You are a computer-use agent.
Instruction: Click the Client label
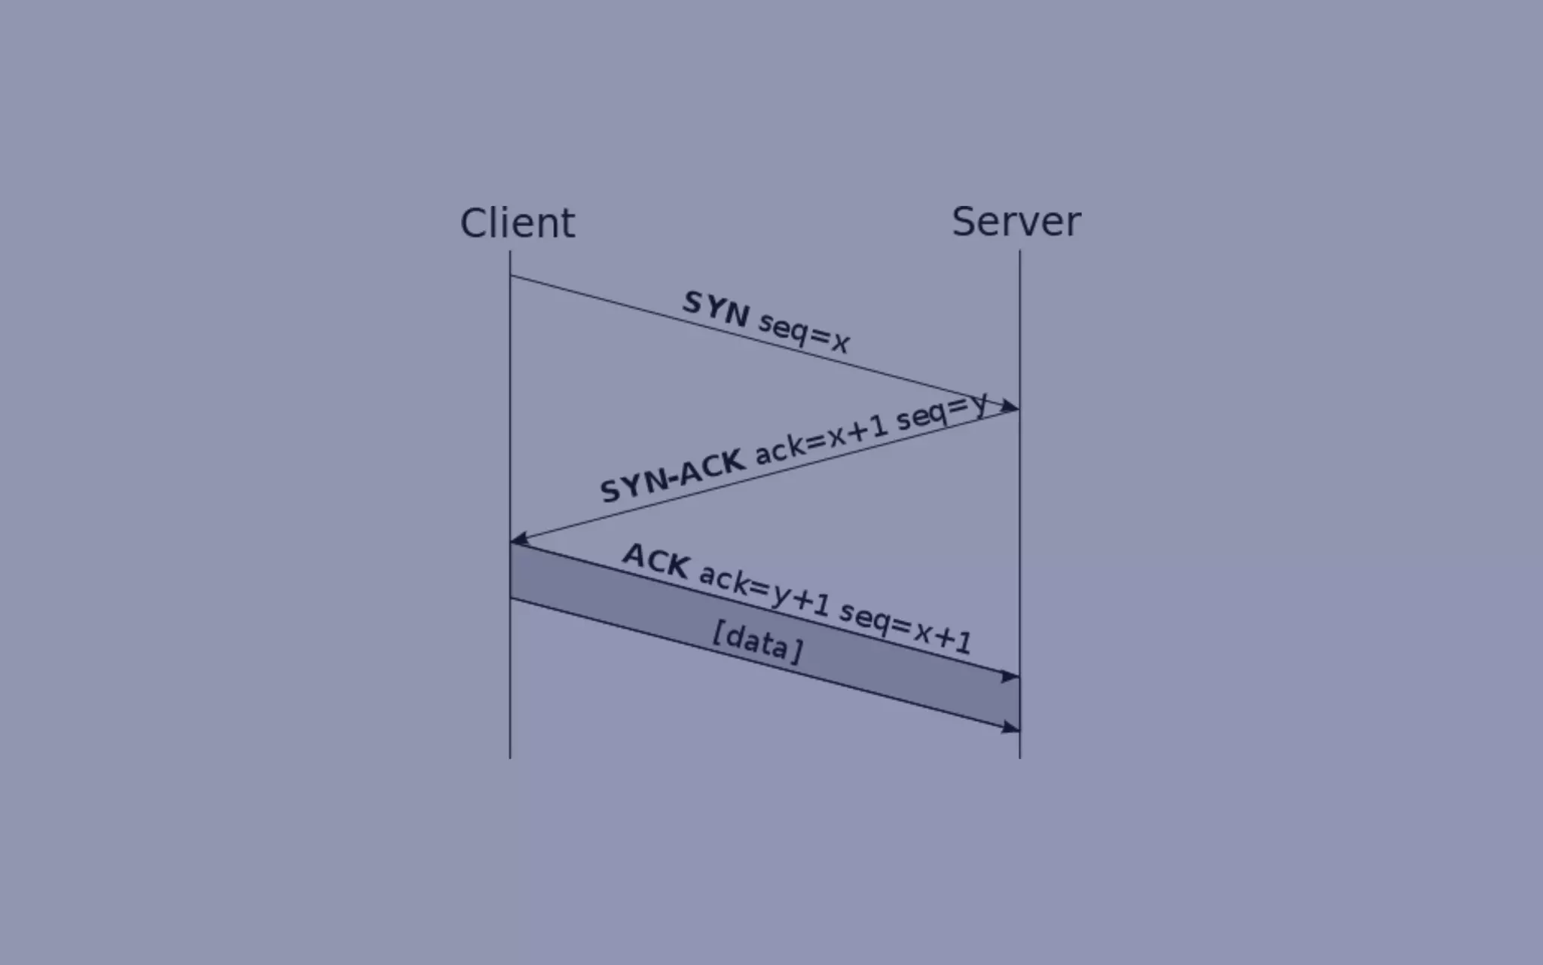(x=517, y=223)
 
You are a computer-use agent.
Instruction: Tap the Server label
(x=1016, y=222)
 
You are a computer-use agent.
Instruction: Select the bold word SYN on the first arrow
(x=715, y=308)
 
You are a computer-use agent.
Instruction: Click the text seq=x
(x=804, y=332)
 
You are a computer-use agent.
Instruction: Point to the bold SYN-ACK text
(x=672, y=475)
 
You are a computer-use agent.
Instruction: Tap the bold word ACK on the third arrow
(x=656, y=560)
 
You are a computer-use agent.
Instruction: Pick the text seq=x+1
(x=905, y=628)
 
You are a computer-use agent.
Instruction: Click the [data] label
(x=757, y=642)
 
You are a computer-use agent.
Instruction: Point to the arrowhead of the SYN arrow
(x=1010, y=407)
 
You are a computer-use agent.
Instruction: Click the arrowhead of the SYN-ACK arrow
(x=520, y=538)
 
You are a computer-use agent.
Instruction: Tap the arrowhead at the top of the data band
(x=1010, y=676)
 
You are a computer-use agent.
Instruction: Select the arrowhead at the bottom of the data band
(x=1010, y=728)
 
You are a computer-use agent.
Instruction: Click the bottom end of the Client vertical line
(x=510, y=756)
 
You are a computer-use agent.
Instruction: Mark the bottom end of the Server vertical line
(x=1020, y=756)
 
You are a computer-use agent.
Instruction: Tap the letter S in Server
(x=965, y=222)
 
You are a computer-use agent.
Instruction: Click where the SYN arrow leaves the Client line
(x=511, y=276)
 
